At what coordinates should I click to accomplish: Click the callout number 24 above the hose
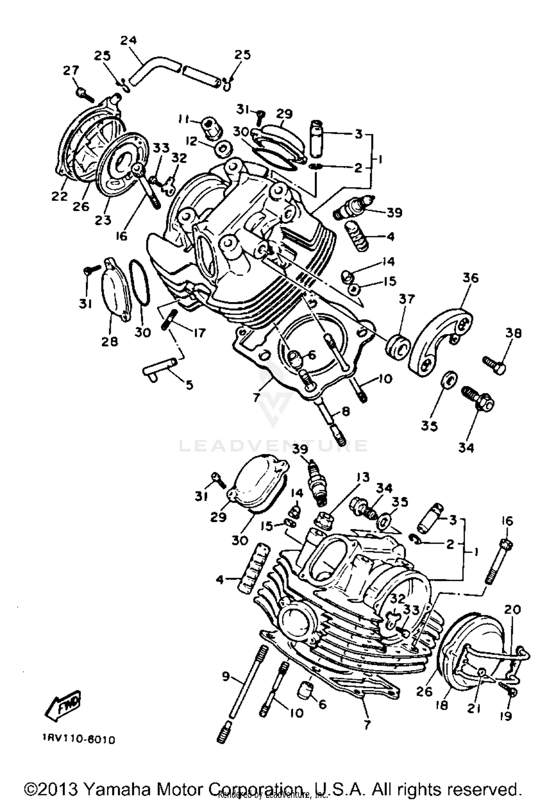128,40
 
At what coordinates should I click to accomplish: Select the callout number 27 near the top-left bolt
72,70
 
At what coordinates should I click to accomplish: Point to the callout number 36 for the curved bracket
470,278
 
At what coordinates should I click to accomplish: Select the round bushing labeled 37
398,344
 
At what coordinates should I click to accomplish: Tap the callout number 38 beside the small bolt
513,333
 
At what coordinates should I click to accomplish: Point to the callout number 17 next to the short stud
199,333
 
